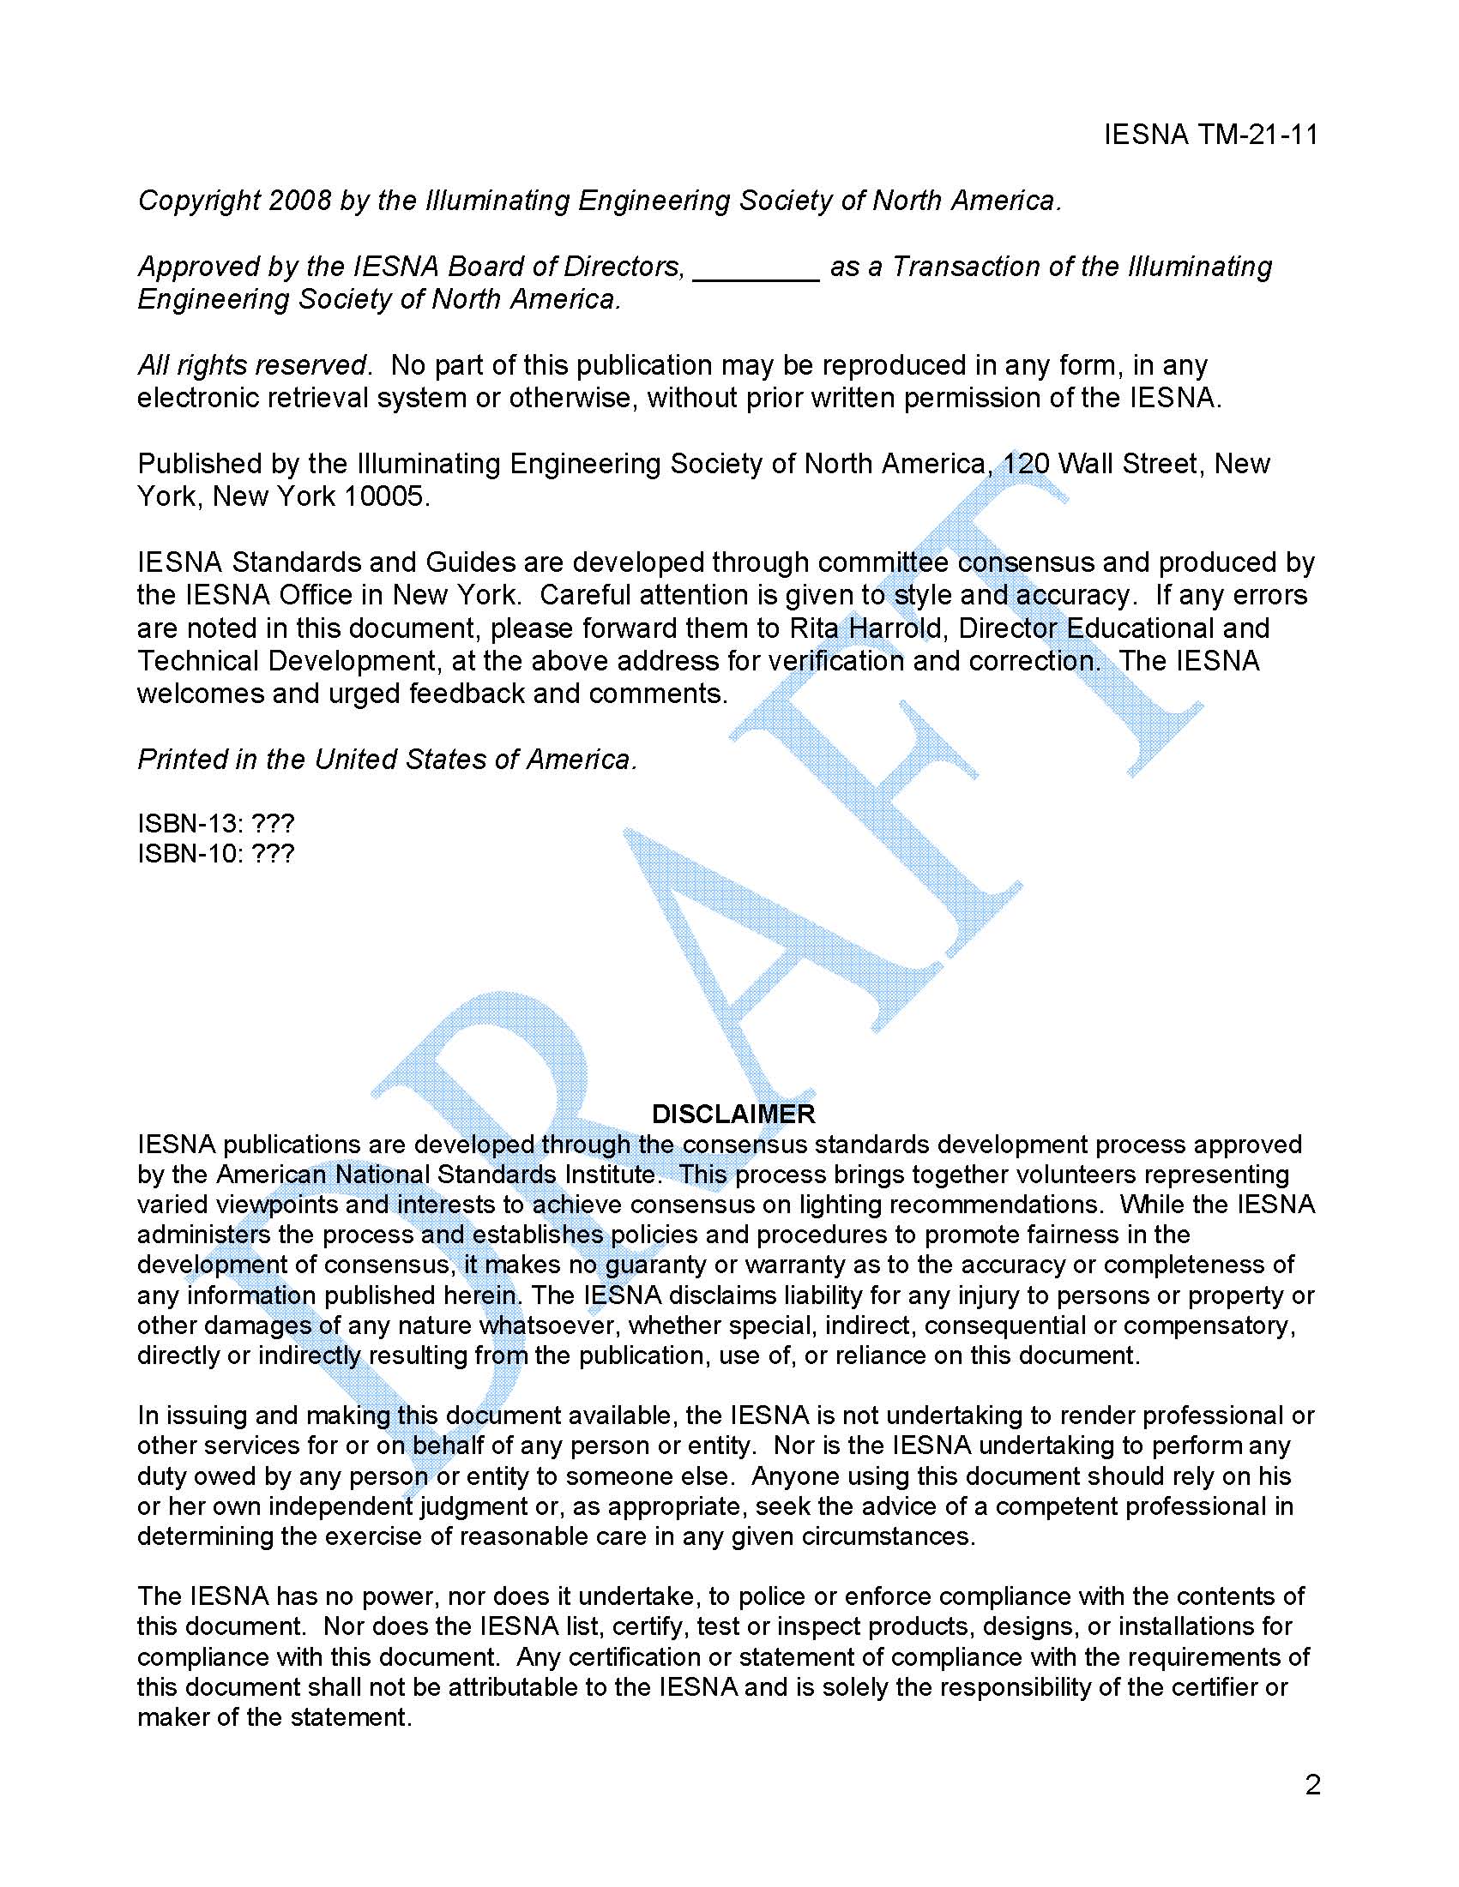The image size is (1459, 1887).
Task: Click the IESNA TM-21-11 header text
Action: (1210, 135)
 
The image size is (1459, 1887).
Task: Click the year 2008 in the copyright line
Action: (299, 201)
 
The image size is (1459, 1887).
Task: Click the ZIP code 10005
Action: (384, 496)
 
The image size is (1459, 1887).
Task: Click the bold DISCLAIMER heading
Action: (733, 1114)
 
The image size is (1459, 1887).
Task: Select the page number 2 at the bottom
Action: (1312, 1784)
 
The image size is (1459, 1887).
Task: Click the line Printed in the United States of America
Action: (386, 760)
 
